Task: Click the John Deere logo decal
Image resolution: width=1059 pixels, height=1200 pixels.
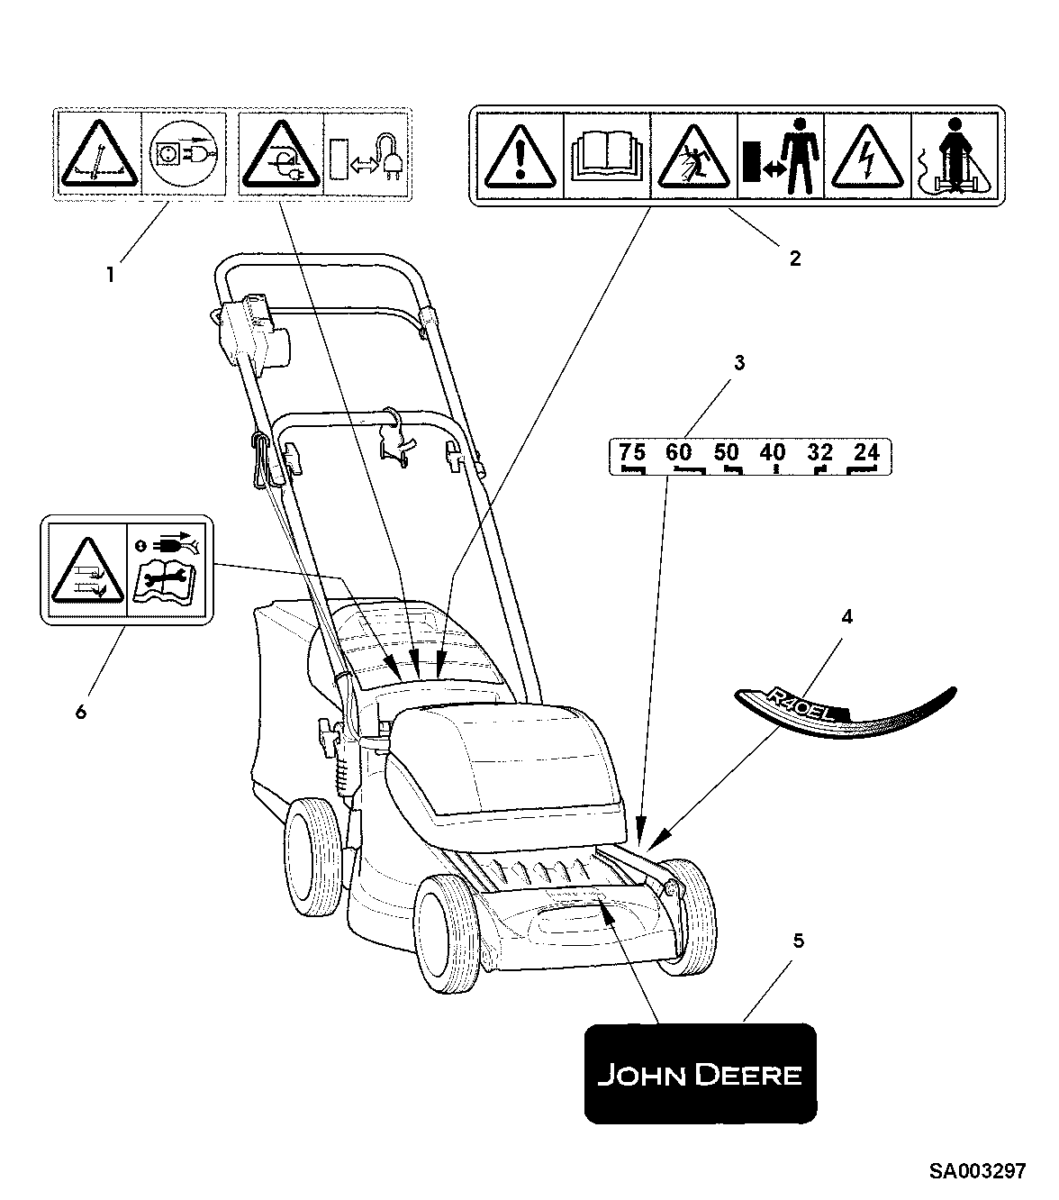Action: coord(701,1073)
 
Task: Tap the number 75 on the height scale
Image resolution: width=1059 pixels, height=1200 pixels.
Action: coord(632,451)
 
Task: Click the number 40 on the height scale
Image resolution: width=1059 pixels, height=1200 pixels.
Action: coord(772,451)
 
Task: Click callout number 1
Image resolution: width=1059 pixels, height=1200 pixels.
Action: coord(111,275)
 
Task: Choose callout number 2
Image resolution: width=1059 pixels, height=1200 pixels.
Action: coord(794,259)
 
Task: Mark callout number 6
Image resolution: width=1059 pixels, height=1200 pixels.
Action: coord(81,711)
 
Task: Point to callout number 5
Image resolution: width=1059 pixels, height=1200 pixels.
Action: coord(797,941)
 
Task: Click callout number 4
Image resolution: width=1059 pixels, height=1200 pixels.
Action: coord(846,617)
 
